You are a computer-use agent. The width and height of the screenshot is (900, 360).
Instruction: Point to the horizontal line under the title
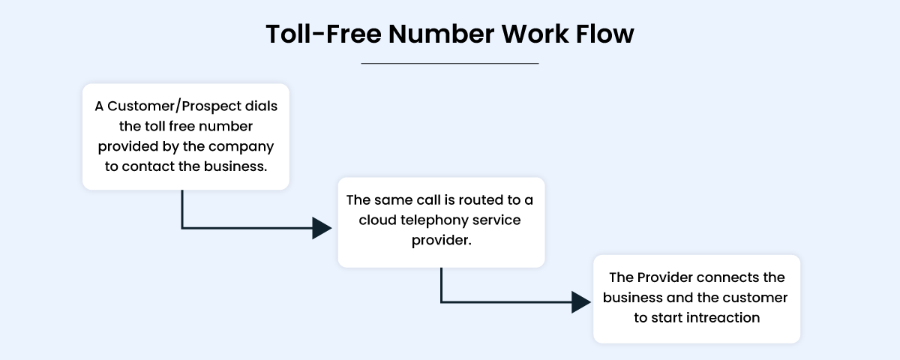(x=450, y=64)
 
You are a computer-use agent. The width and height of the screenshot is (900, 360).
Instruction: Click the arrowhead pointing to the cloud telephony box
(x=322, y=228)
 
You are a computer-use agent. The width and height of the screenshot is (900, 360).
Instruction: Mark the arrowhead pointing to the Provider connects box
(x=581, y=302)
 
